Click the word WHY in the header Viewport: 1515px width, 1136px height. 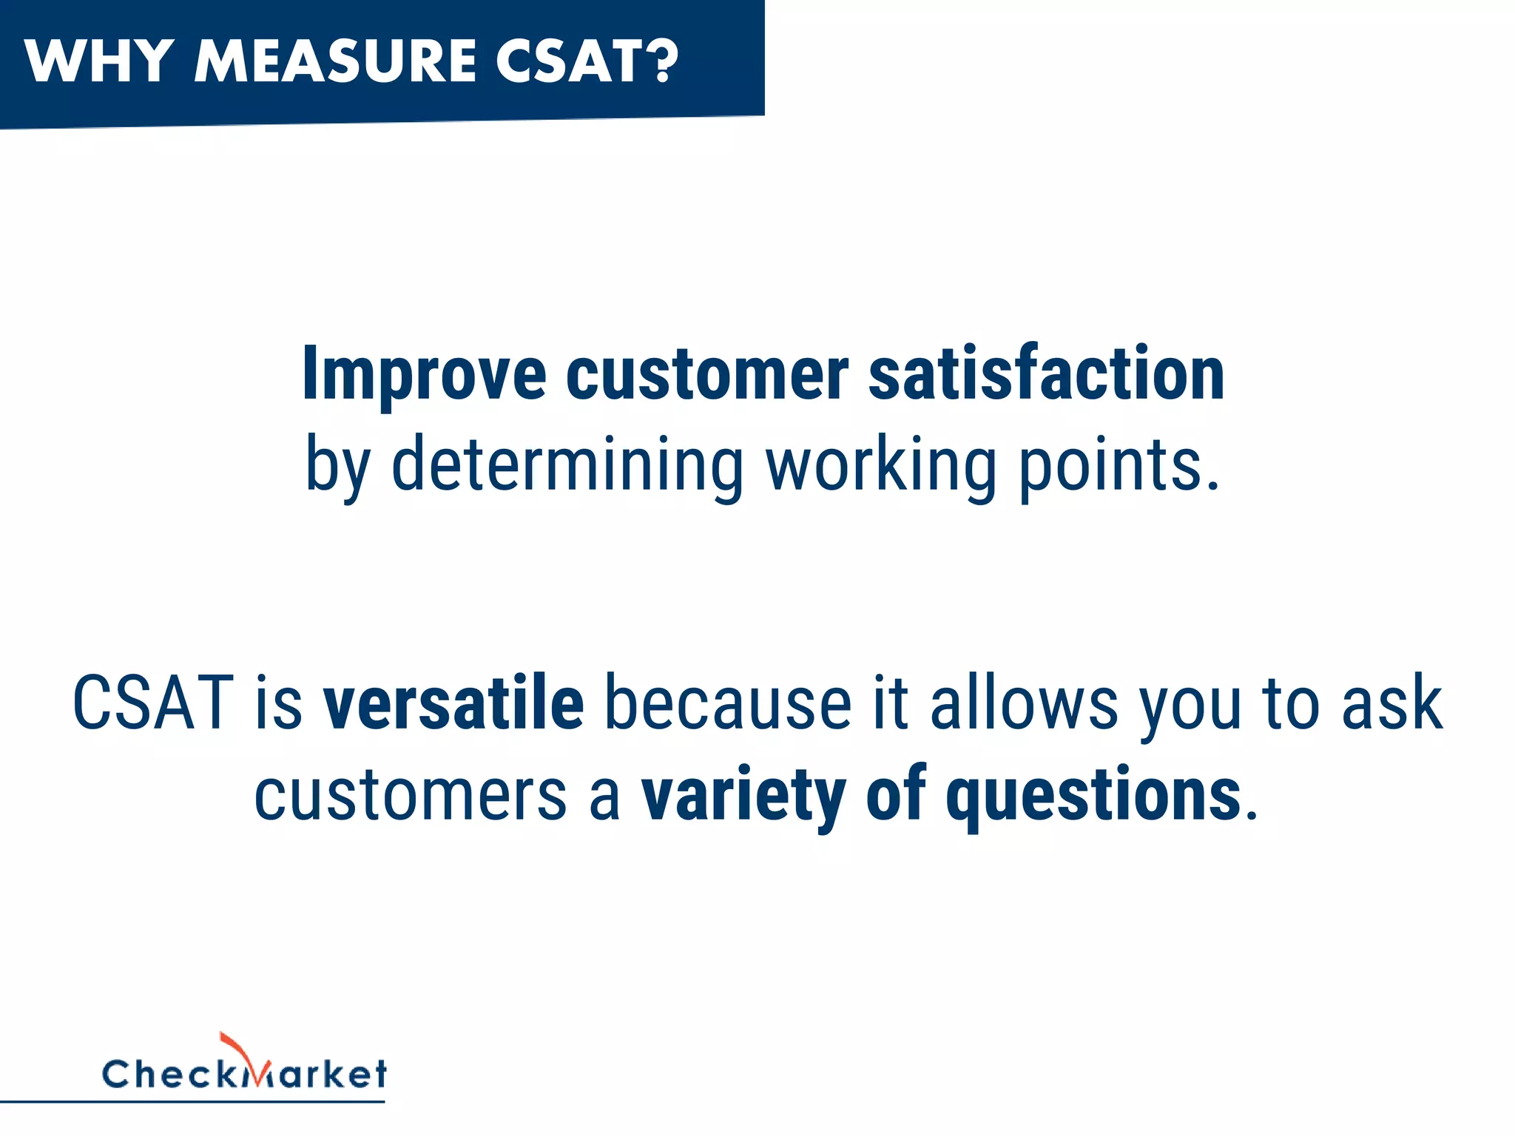click(x=99, y=61)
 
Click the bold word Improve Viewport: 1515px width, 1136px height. click(x=424, y=375)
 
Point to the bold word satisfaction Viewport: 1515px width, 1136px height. click(x=1046, y=373)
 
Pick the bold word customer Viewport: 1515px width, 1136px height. click(x=707, y=375)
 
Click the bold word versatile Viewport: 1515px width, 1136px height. click(x=453, y=703)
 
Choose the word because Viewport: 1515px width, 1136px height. click(x=728, y=703)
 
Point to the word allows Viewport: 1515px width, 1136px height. click(x=1024, y=703)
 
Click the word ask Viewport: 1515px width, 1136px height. click(x=1391, y=703)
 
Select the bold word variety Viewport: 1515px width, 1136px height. click(x=743, y=795)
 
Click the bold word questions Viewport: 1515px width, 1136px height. click(x=1093, y=795)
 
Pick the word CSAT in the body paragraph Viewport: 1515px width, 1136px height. click(x=153, y=703)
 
